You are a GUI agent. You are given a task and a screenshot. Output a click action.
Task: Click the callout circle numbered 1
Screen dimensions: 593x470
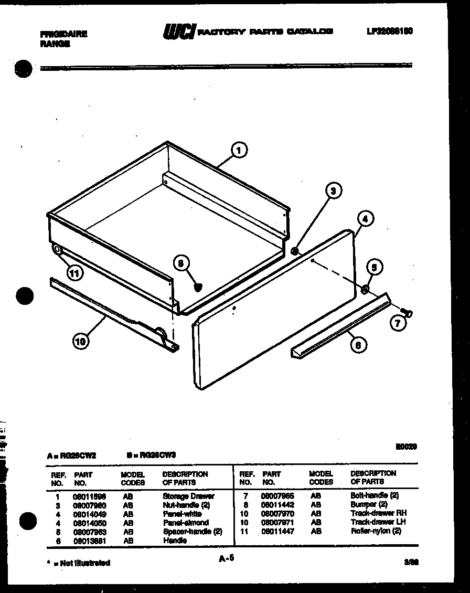(239, 151)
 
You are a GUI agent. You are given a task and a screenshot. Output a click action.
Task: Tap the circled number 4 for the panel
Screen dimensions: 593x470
(366, 219)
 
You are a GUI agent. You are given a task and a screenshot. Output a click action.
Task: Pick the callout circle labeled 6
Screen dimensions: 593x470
(358, 344)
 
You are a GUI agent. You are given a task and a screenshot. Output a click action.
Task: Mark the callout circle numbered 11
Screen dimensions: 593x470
(76, 272)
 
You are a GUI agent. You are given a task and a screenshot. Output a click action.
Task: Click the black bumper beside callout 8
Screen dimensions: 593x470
(198, 287)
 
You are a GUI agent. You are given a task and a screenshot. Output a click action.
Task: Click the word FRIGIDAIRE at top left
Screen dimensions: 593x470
(63, 34)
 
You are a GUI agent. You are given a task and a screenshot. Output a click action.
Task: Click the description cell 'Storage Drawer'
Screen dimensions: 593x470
(188, 496)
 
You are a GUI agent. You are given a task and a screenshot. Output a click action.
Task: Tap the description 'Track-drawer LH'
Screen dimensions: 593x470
(378, 522)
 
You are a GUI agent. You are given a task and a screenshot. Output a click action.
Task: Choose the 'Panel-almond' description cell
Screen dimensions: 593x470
(185, 523)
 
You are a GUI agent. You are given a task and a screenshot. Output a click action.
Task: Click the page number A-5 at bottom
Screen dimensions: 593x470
(226, 559)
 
